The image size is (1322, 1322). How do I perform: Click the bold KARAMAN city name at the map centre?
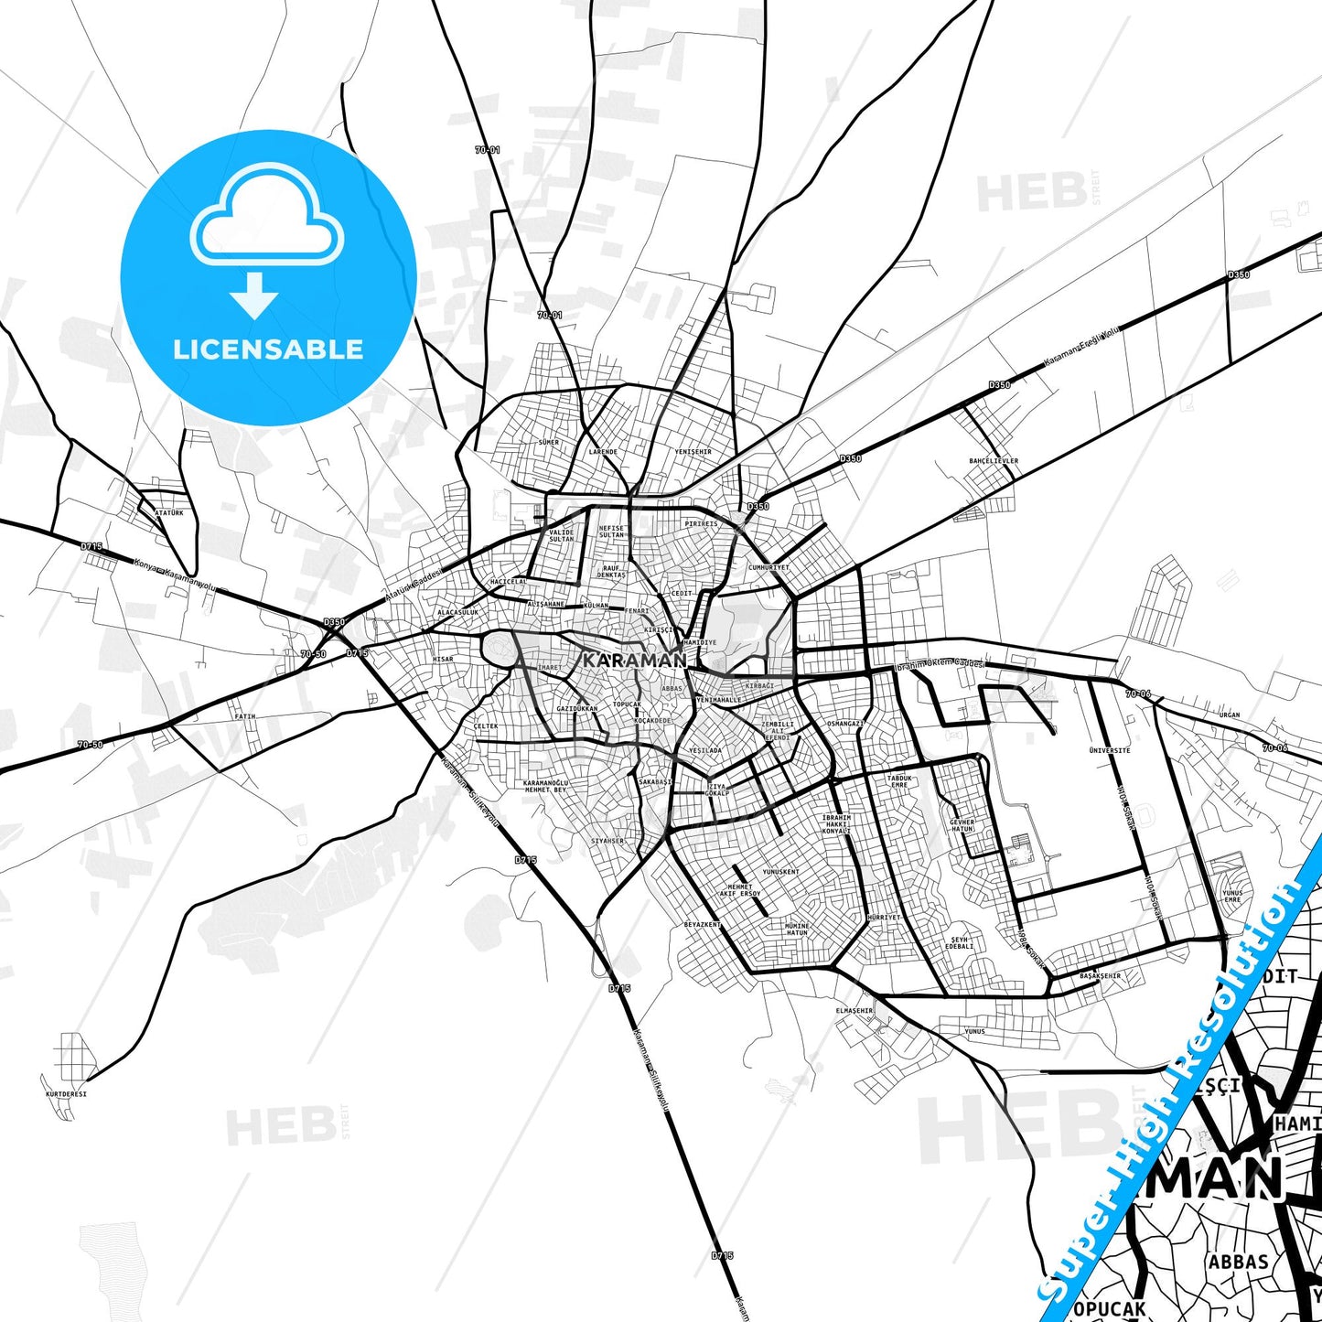[634, 660]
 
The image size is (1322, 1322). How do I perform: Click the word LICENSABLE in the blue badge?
[268, 349]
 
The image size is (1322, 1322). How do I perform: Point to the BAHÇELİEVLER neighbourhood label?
[994, 461]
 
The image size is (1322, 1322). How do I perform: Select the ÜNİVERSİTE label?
[1110, 750]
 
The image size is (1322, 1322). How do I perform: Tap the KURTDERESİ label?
[66, 1093]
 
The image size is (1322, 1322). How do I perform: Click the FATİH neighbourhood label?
[245, 716]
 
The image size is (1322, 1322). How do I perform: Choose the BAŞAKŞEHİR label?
[1100, 975]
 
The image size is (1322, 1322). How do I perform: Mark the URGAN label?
[1230, 715]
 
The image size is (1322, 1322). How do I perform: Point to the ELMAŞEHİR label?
[854, 1010]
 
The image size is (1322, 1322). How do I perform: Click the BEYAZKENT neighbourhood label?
[703, 924]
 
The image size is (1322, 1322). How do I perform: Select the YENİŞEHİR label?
[693, 451]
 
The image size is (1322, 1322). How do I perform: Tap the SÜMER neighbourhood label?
[548, 442]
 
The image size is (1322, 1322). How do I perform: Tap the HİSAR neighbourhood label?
[443, 659]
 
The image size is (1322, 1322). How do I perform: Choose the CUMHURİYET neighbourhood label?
[768, 567]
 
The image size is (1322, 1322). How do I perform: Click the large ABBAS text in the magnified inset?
[1238, 1263]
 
